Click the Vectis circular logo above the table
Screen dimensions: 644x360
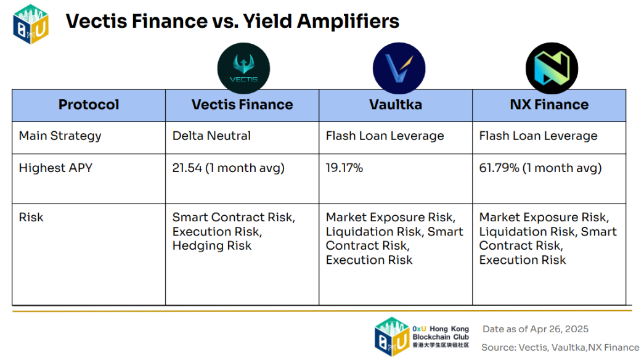click(x=243, y=68)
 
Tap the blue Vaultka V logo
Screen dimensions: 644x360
click(x=399, y=68)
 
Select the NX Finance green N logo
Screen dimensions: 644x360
click(x=552, y=68)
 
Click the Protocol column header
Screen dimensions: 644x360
click(x=89, y=105)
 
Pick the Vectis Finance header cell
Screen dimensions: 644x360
click(x=242, y=105)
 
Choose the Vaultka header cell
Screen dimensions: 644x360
click(x=396, y=105)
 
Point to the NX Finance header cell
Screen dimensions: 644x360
click(x=549, y=105)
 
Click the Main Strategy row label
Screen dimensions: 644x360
click(x=60, y=136)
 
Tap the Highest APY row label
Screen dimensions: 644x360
click(x=55, y=168)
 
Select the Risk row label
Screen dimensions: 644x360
click(x=31, y=217)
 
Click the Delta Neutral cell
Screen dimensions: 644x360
click(x=211, y=136)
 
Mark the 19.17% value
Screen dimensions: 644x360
click(x=344, y=168)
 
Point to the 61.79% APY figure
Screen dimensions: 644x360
click(x=499, y=168)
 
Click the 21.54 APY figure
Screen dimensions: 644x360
click(x=187, y=168)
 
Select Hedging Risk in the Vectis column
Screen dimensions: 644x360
click(x=212, y=246)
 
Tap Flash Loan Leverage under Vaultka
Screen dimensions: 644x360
click(x=385, y=136)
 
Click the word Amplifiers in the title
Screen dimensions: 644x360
click(x=348, y=22)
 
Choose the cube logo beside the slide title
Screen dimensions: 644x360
click(x=31, y=24)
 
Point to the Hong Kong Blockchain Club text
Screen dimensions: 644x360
click(x=441, y=333)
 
